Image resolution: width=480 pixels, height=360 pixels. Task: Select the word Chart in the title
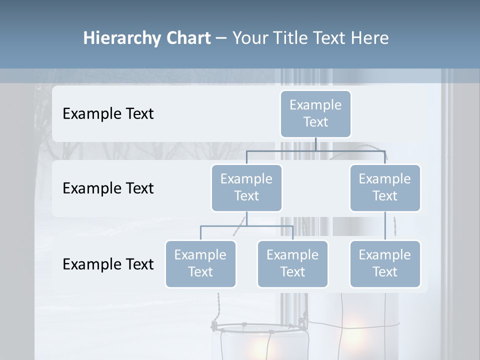[188, 38]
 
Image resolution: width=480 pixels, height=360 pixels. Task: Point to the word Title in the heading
[297, 38]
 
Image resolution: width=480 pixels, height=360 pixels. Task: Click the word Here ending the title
[370, 38]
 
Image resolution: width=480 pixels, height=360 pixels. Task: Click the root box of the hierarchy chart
[315, 113]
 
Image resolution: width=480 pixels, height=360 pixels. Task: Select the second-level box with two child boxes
[246, 187]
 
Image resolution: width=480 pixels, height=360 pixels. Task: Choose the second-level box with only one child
[385, 187]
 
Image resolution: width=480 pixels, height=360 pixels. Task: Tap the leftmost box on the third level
[200, 263]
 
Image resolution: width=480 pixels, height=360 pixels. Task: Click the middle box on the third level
[292, 263]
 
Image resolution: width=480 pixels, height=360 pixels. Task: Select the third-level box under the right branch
[385, 263]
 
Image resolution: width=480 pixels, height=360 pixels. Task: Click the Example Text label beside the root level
[108, 114]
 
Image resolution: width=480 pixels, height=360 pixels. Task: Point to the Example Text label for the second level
[108, 188]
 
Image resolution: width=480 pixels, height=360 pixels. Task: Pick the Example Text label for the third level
[108, 264]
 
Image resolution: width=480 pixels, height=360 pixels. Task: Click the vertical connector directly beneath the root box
[315, 144]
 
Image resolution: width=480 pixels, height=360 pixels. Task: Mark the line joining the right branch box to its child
[385, 226]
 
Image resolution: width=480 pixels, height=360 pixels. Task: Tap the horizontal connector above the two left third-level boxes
[246, 226]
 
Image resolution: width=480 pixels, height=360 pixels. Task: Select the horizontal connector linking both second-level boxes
[315, 150]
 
